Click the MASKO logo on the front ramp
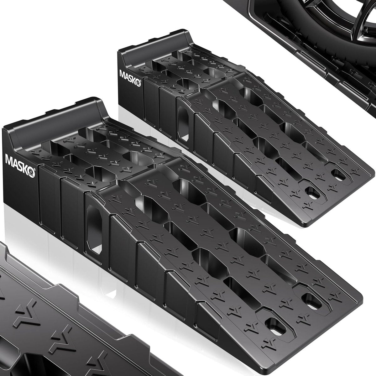coord(20,165)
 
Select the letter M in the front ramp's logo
coord(8,159)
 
